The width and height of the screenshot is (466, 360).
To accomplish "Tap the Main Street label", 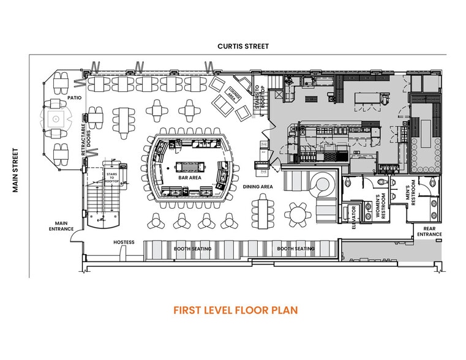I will tap(17, 171).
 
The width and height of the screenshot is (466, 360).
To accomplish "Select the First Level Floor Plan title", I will tap(235, 310).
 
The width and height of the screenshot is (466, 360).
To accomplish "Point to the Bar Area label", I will tap(190, 178).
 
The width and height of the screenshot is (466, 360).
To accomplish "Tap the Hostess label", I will tap(124, 242).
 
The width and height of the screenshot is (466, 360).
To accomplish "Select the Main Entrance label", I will tap(61, 226).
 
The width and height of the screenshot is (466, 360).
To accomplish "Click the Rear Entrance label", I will tap(429, 231).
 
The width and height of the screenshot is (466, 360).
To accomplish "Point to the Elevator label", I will tap(353, 217).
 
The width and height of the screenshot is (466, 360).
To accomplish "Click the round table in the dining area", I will tap(298, 214).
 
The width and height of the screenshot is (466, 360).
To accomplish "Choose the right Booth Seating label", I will tap(296, 249).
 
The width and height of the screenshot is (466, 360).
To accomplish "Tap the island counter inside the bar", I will tap(189, 167).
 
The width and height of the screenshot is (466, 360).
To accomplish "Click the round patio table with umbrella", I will tap(56, 118).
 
